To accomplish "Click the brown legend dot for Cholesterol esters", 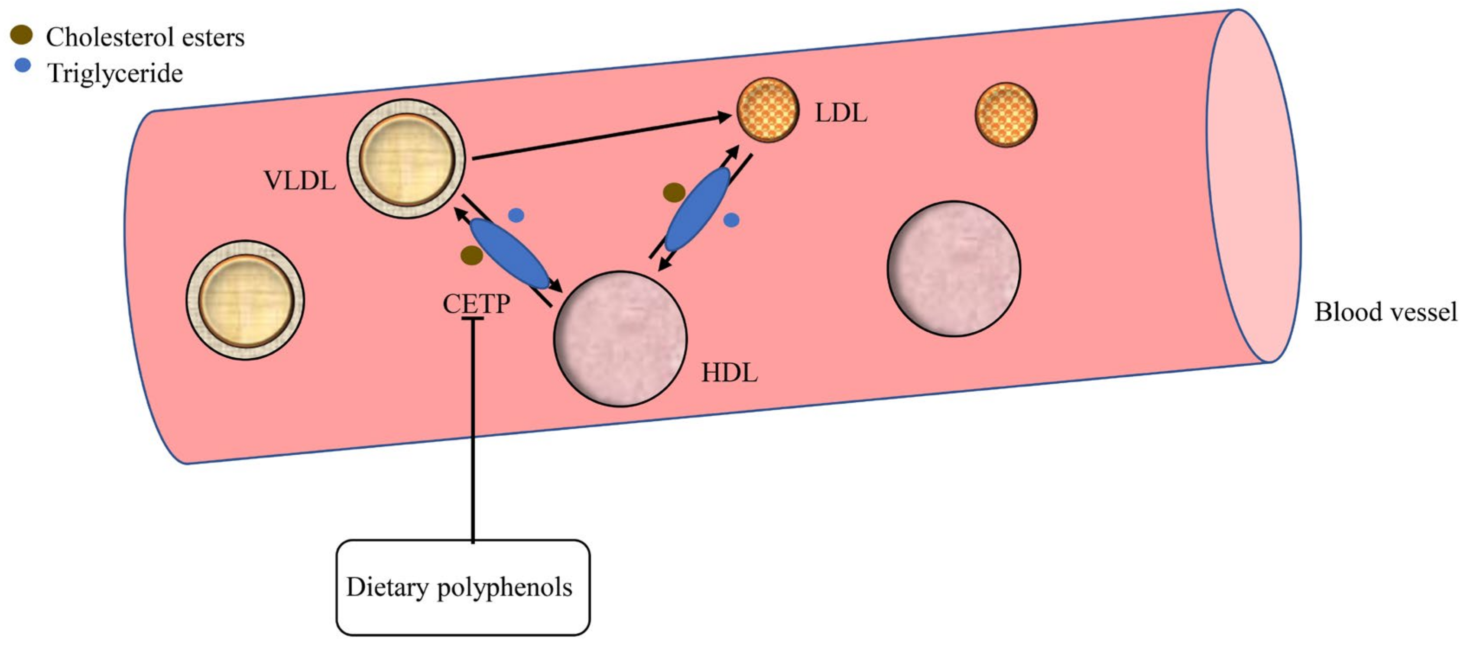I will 22,36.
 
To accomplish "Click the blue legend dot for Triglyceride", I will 22,66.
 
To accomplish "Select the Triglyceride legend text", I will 115,73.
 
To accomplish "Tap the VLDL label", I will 300,181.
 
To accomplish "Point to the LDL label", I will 840,113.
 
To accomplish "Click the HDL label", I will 729,373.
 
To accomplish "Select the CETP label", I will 476,304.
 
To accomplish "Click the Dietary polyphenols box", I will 462,587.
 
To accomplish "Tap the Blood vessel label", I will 1386,312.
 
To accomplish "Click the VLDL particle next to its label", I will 406,159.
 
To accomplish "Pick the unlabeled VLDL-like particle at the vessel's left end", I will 245,300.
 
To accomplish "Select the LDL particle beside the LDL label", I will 768,110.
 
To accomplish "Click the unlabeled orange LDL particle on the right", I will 1006,115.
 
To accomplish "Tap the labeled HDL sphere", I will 620,338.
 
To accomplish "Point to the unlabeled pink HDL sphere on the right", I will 954,268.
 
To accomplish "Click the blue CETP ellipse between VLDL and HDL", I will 509,253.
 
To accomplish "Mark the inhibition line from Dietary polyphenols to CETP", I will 473,428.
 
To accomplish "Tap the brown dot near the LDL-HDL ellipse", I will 674,192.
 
